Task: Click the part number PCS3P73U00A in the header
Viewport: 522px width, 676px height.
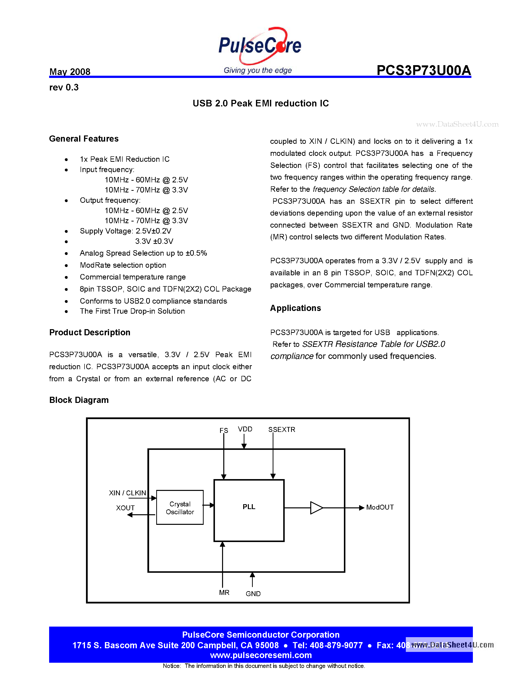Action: coord(424,71)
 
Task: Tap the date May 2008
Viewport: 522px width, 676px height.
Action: coord(70,72)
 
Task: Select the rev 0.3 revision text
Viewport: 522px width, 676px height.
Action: coord(64,88)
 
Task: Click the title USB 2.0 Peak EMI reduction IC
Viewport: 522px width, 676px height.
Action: coord(261,103)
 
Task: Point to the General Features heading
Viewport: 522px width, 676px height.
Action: coord(84,139)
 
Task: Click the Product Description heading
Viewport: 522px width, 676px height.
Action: coord(90,332)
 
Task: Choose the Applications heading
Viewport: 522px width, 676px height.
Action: coord(295,308)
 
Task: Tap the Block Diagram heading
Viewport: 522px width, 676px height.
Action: coord(79,400)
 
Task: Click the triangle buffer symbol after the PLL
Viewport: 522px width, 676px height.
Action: coord(316,508)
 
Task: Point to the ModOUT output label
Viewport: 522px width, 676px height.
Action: coord(380,507)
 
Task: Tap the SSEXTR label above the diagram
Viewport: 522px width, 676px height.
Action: coord(282,430)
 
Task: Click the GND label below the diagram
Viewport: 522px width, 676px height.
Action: coord(253,594)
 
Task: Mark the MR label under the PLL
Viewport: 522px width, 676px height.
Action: coord(224,592)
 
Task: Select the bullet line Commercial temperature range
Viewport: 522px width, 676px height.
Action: coord(133,277)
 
